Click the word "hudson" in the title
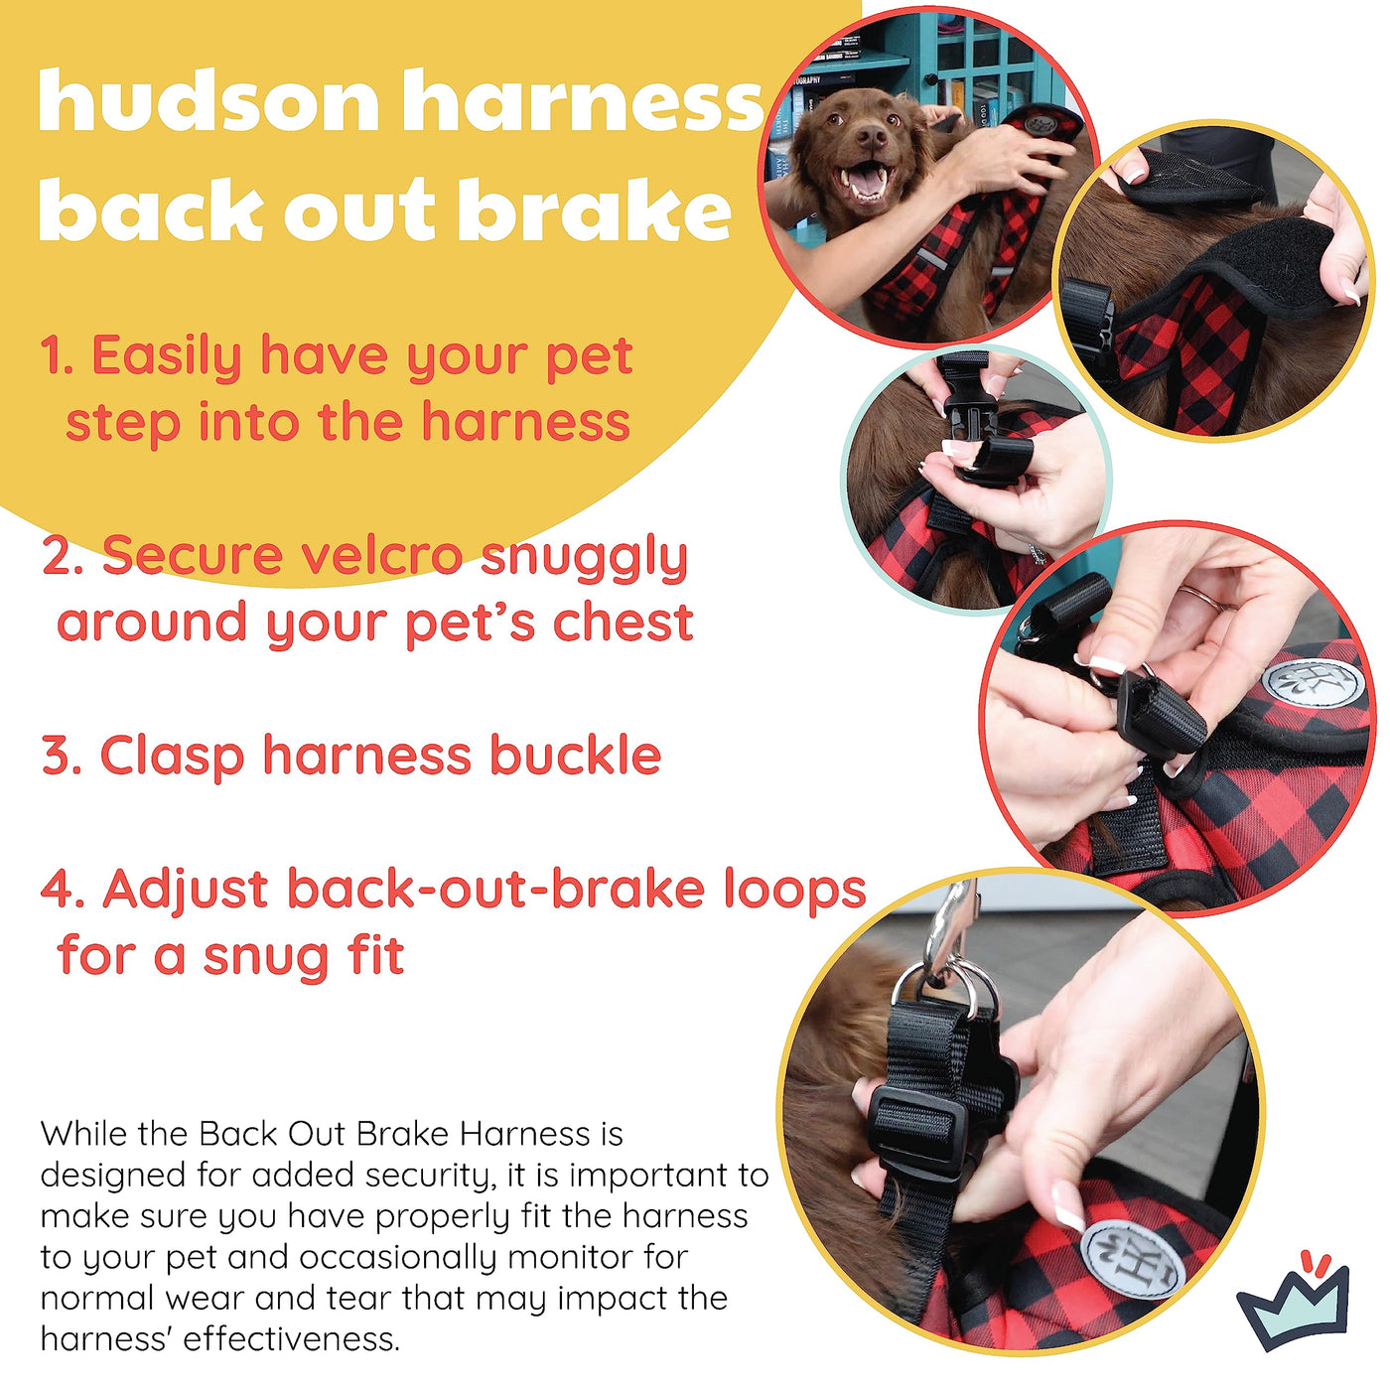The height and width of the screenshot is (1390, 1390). (x=209, y=100)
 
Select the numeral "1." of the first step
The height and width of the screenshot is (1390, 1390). (x=61, y=355)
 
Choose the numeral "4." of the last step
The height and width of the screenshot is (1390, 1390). (x=64, y=889)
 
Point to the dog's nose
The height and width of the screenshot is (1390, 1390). (x=872, y=136)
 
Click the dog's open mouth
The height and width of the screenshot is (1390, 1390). (x=866, y=181)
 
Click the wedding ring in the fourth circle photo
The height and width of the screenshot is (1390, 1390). (x=1200, y=598)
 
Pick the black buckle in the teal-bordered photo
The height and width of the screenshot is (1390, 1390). (x=975, y=426)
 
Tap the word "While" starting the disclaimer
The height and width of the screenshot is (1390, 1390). (x=81, y=1134)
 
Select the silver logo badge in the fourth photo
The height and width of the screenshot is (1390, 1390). (x=1316, y=682)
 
